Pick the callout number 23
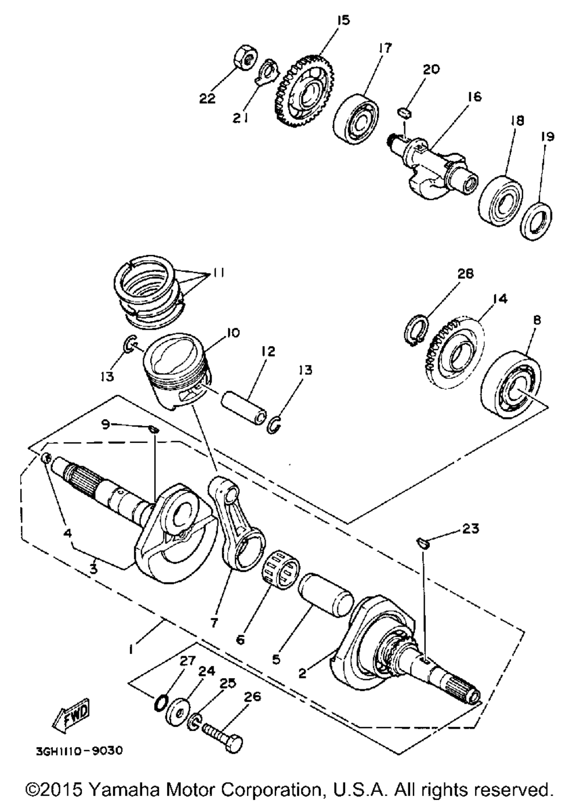pos(471,529)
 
